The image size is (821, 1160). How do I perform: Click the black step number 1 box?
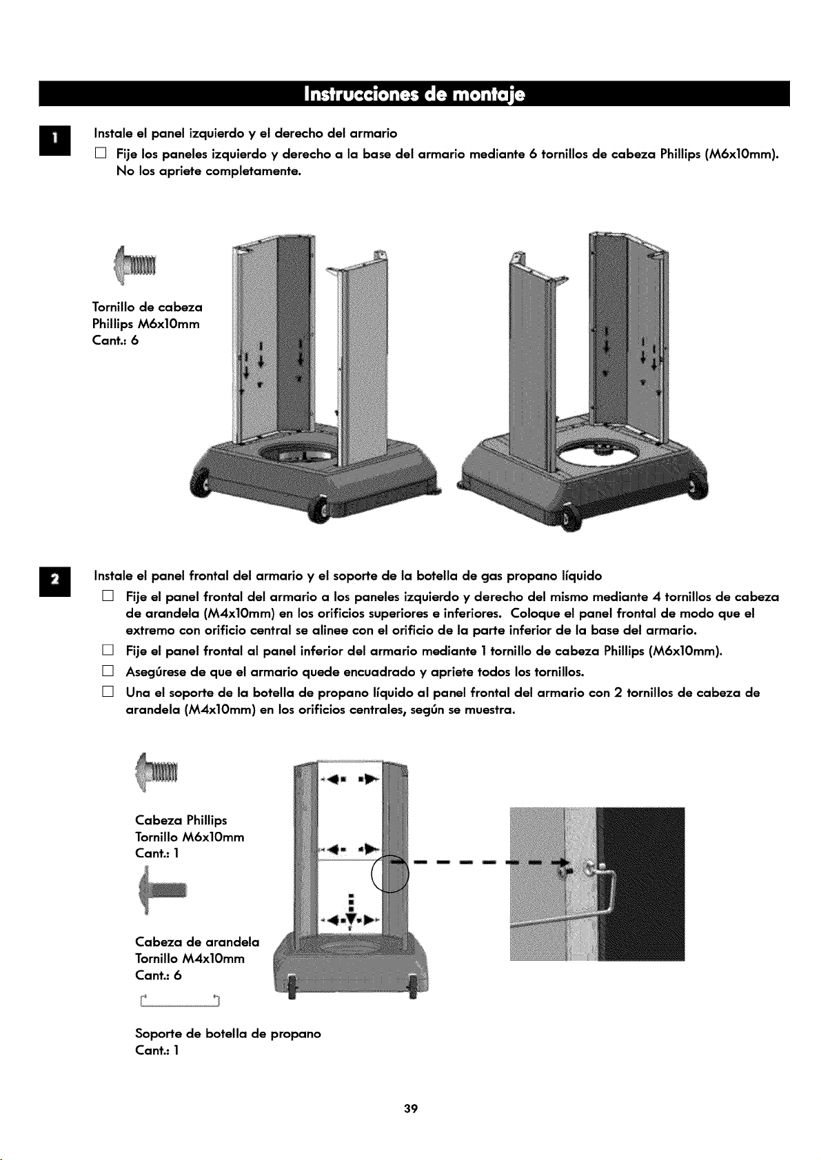(x=55, y=141)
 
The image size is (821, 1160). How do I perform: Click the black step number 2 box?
(x=55, y=582)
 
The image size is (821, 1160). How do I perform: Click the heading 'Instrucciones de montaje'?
(x=414, y=94)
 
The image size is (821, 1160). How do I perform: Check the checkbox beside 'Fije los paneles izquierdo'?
(x=101, y=153)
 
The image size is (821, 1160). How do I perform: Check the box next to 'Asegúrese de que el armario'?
(x=108, y=671)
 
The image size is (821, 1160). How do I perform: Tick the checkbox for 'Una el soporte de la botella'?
(x=108, y=692)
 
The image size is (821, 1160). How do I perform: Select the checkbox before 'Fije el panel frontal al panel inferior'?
(x=108, y=650)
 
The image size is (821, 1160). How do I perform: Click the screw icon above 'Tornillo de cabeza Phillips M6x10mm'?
(x=136, y=265)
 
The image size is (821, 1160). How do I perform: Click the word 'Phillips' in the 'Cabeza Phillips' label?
(x=207, y=820)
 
